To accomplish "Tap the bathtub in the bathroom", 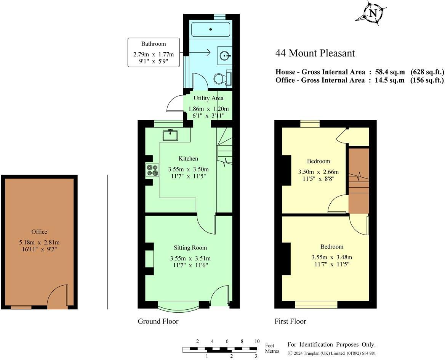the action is click(211, 29).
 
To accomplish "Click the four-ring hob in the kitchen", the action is click(152, 170).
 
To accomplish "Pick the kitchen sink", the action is click(170, 135).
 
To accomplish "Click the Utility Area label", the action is click(209, 98).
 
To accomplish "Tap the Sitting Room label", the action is click(190, 248).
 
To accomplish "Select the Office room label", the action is click(39, 231).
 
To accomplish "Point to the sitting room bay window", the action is click(178, 308).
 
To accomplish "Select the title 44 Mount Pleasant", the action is click(315, 53).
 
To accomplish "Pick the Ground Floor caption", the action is click(158, 321).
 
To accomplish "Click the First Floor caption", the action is click(290, 321).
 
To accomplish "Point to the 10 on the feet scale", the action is click(257, 341).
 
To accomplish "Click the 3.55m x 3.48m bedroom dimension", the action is click(332, 257).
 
